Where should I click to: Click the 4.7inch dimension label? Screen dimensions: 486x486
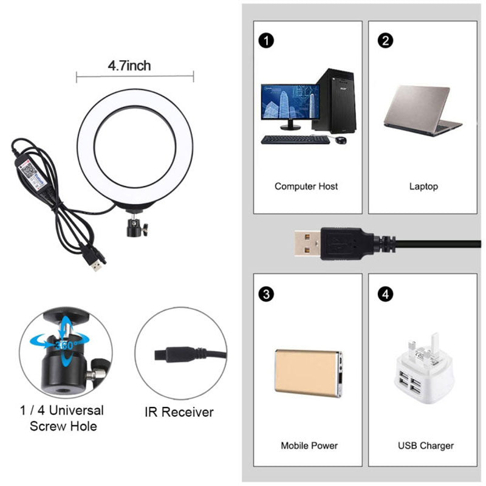click(129, 66)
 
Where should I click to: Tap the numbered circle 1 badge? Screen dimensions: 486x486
click(266, 41)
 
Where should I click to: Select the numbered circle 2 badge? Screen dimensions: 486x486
click(385, 41)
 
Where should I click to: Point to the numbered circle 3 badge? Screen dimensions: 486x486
click(266, 294)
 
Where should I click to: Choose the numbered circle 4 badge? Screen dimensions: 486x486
click(385, 294)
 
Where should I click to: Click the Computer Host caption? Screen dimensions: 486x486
click(306, 187)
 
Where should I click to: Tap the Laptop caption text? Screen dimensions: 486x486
click(423, 187)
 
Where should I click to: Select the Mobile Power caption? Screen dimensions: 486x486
click(309, 445)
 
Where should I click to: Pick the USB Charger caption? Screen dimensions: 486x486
click(426, 446)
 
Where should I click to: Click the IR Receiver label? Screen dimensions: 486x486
click(179, 412)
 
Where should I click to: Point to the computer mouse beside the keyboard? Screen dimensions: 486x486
click(341, 140)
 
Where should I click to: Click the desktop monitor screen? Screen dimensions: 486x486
click(290, 101)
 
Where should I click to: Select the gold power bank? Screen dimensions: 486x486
click(309, 373)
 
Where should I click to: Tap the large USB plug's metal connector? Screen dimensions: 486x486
click(307, 243)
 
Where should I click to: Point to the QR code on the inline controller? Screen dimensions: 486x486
click(29, 170)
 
